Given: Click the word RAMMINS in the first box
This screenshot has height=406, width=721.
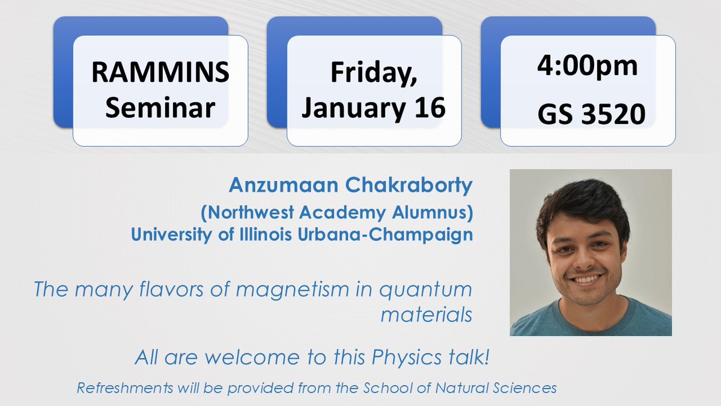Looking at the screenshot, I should point(160,73).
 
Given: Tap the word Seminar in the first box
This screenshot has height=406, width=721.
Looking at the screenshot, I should point(160,108).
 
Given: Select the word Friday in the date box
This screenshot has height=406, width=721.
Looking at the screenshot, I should point(370,73).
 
